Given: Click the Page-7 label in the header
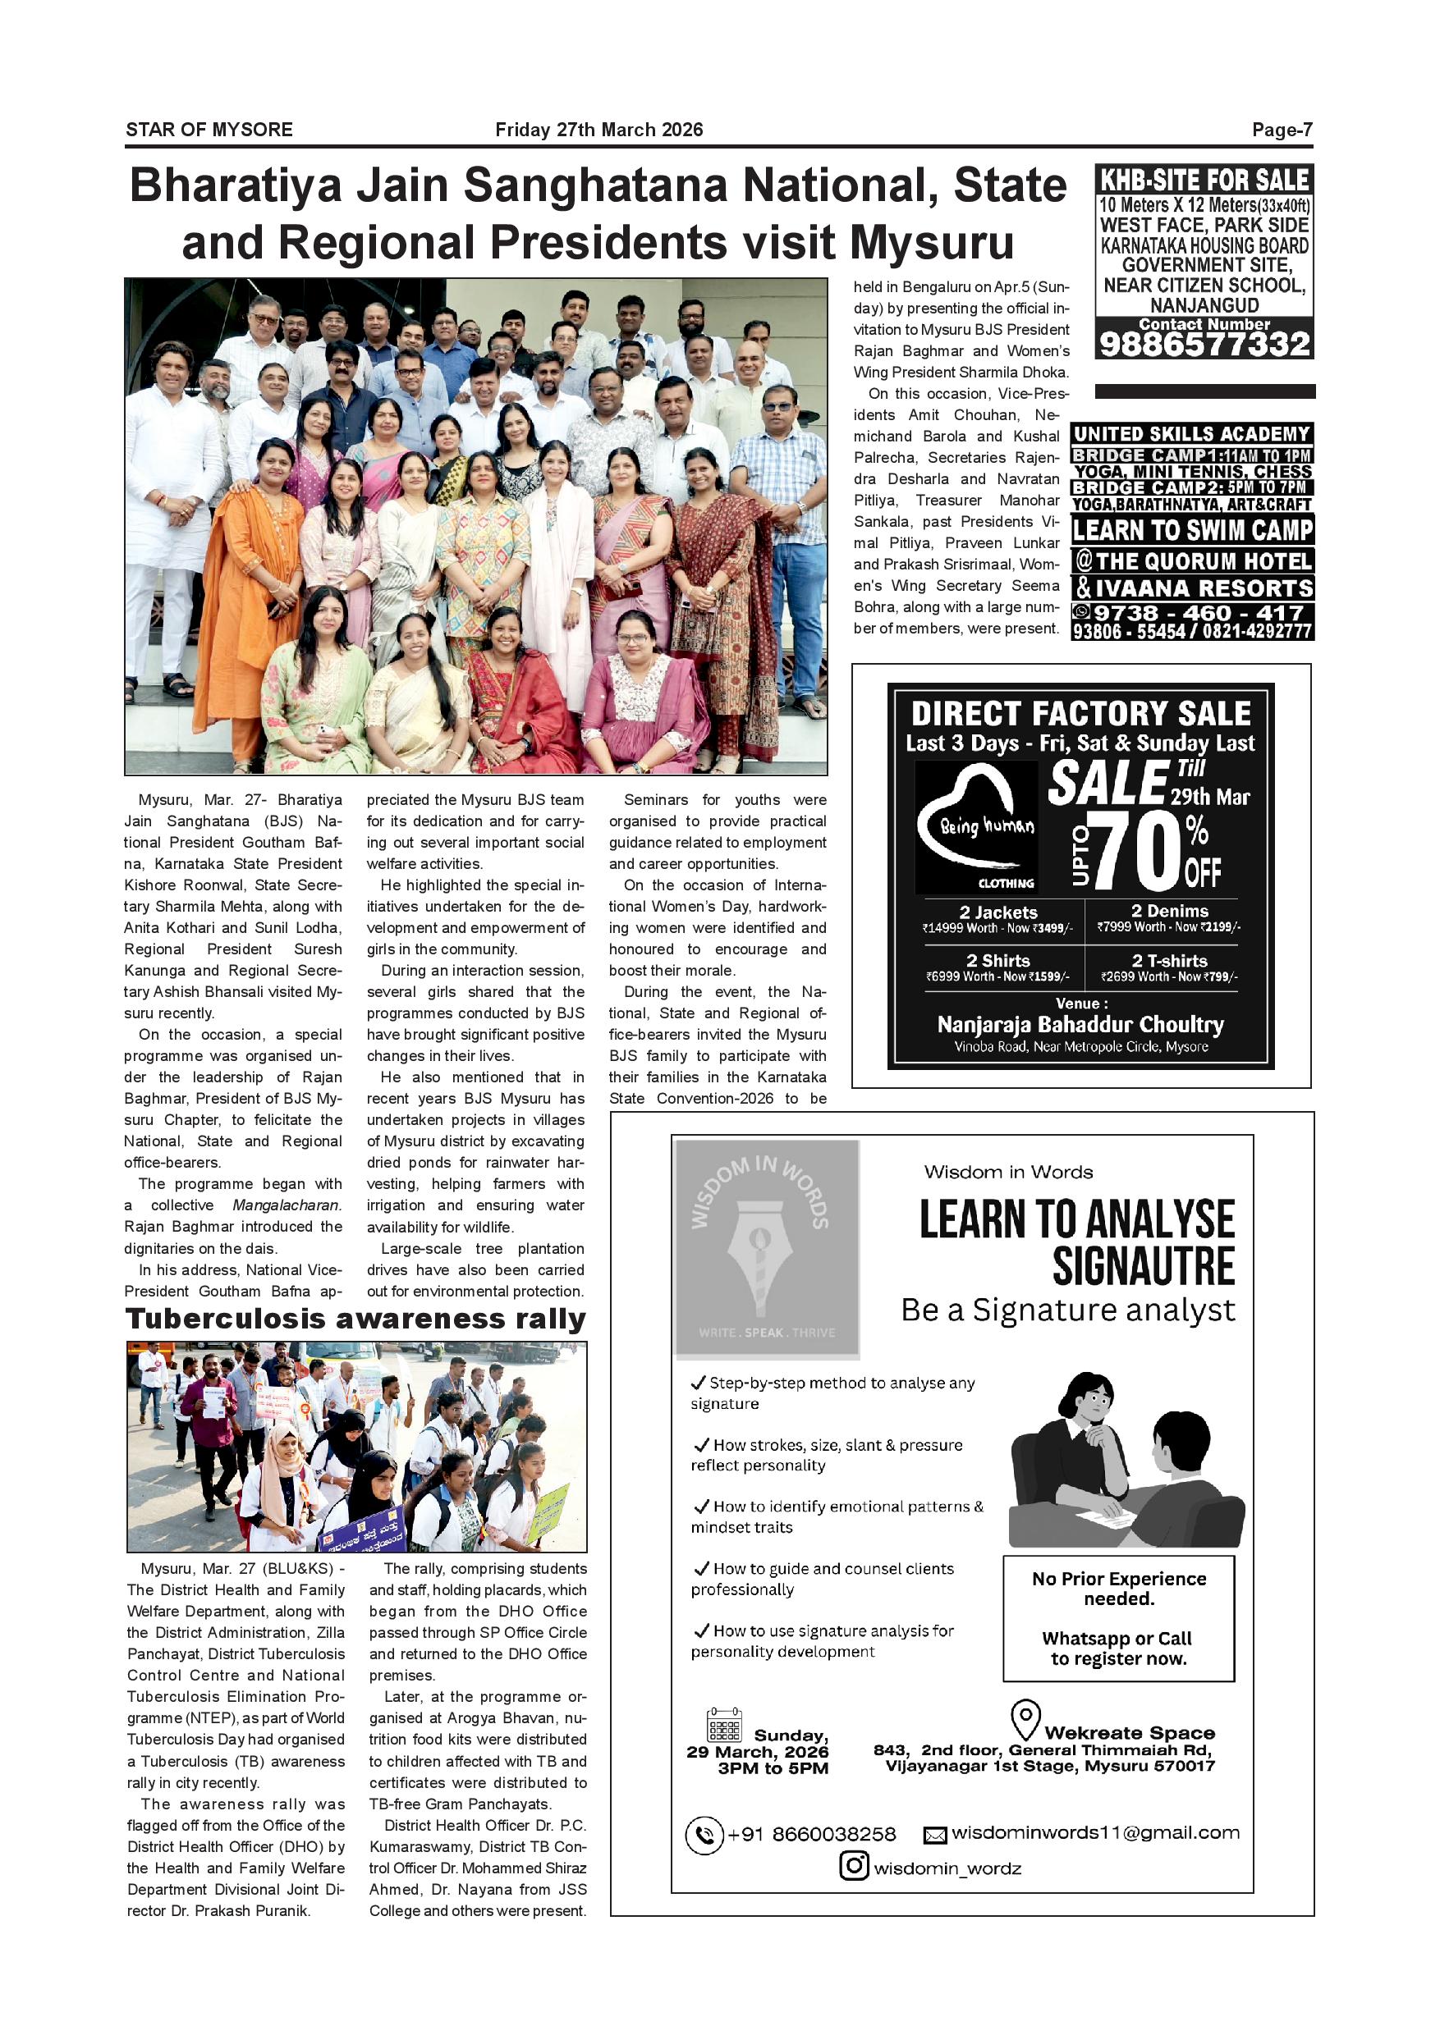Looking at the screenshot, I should coord(1282,130).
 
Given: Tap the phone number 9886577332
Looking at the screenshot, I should coord(1204,344).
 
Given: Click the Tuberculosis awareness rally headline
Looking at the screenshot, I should coord(355,1319).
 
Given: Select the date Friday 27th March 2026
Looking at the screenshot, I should coord(598,130).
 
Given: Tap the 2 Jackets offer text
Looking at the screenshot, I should coord(997,912).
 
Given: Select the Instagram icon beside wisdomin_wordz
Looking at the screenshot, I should coord(853,1867).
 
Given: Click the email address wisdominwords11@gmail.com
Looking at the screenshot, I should coord(1095,1832).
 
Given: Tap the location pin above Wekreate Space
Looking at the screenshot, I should coord(1025,1719).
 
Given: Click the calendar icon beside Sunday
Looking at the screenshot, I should coord(724,1726).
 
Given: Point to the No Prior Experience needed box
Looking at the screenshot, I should coord(1118,1617).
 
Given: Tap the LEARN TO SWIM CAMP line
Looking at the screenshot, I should coord(1192,530).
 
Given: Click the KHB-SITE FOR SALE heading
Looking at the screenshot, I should coord(1204,180).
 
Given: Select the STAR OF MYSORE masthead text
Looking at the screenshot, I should coord(209,130).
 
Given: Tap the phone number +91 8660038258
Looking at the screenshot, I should coord(811,1834).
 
